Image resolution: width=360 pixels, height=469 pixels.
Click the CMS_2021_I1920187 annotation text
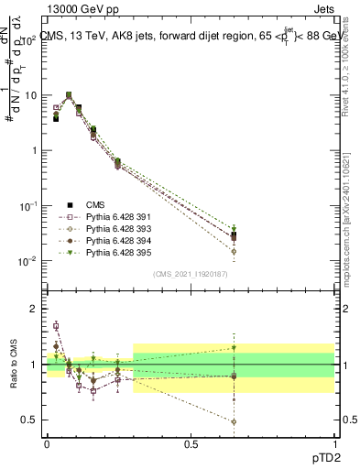click(189, 274)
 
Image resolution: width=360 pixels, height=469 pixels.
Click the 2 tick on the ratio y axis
click(32, 309)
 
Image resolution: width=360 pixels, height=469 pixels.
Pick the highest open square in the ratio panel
click(56, 325)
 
